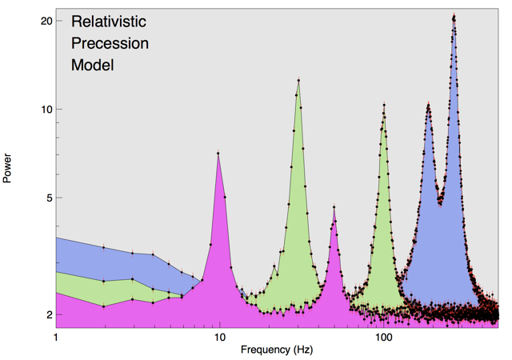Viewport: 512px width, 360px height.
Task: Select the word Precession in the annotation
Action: tap(110, 43)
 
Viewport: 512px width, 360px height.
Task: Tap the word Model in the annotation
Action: tap(93, 65)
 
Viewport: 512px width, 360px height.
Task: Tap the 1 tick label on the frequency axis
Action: tap(56, 336)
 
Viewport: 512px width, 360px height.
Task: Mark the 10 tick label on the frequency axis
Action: tap(220, 336)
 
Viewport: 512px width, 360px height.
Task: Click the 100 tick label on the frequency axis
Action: tap(384, 336)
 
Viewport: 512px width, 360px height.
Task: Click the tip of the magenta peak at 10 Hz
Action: tap(218, 153)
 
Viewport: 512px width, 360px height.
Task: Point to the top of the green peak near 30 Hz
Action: tap(298, 80)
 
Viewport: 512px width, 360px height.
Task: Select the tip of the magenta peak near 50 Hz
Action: tap(334, 207)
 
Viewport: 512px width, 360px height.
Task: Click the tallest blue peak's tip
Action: tap(454, 16)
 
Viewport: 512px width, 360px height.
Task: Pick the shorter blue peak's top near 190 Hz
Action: tap(429, 105)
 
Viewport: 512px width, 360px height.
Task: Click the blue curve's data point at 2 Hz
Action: tap(104, 247)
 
